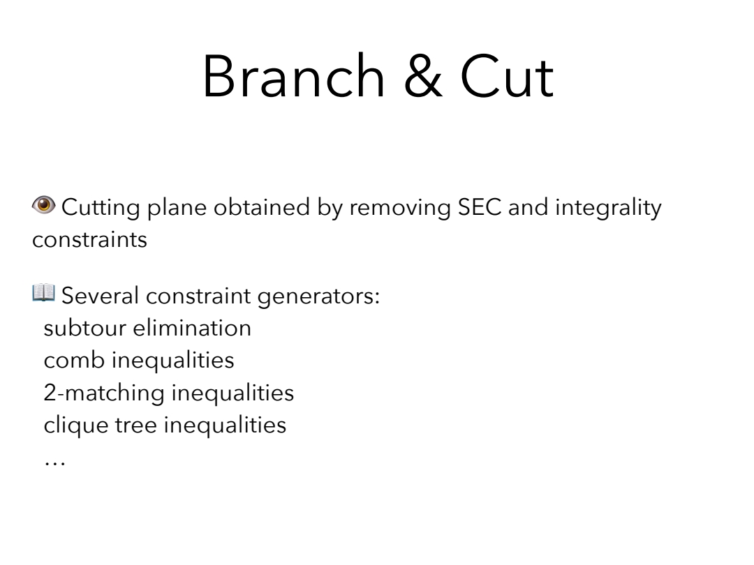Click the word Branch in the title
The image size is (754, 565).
tap(293, 77)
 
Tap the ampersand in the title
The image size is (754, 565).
tap(422, 77)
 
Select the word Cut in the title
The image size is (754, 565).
tap(507, 77)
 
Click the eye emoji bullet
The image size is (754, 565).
tap(44, 205)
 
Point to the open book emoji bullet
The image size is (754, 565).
tap(44, 292)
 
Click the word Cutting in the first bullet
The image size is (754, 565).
tap(101, 209)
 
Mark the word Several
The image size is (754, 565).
tap(100, 296)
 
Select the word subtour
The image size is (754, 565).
tap(84, 329)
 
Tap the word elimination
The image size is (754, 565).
tap(192, 328)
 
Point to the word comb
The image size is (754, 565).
tap(74, 361)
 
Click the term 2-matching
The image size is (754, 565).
tap(104, 393)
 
